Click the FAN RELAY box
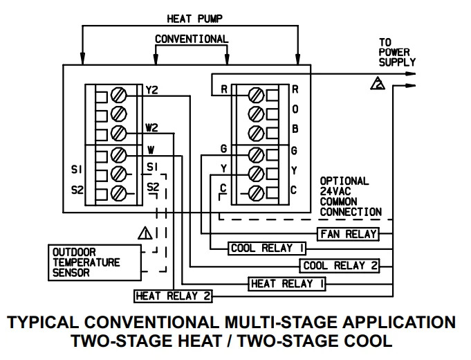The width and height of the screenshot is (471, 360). click(x=348, y=234)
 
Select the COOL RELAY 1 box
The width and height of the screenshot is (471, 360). click(x=266, y=249)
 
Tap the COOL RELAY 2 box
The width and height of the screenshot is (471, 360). click(x=340, y=265)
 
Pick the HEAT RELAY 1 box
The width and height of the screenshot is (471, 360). click(x=287, y=283)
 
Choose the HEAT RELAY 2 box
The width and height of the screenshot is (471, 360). click(x=173, y=296)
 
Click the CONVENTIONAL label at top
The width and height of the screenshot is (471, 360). click(x=190, y=39)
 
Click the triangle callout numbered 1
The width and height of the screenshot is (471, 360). click(x=145, y=233)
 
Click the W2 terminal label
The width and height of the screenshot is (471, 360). click(x=151, y=128)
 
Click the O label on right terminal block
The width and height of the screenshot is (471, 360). click(x=295, y=109)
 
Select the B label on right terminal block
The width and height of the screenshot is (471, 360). click(x=295, y=129)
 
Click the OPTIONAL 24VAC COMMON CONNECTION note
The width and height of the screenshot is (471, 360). click(x=350, y=197)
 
